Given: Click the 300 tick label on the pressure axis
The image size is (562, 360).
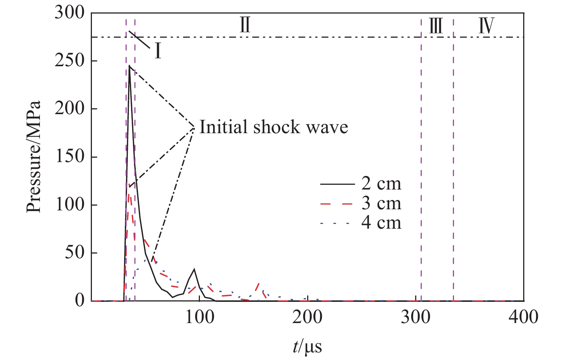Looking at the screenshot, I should coord(70,14).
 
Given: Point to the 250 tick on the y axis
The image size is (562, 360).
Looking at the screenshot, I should coord(70,61).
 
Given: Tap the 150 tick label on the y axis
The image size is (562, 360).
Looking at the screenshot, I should coord(70,157).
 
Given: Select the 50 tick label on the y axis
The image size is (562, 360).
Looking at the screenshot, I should coord(75,253).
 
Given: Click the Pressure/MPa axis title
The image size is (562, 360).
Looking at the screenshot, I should coord(34,157).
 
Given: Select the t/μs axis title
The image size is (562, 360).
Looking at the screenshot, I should coord(307,346).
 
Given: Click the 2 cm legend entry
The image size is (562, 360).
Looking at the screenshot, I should coord(381,184).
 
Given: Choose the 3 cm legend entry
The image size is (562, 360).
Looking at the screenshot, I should coord(381,203).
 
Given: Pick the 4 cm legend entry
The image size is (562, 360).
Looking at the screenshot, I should coord(381,223).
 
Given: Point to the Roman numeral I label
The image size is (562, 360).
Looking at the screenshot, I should coord(158,52).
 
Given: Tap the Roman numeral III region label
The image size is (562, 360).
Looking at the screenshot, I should coord(436,26).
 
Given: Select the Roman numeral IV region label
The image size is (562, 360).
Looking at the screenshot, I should coord(487,26).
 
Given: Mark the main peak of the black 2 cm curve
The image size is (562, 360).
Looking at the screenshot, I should coord(129,66).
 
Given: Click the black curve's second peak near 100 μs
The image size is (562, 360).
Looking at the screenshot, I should coord(194,269).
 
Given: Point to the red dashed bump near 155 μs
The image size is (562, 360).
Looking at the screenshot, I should coord(259,283).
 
